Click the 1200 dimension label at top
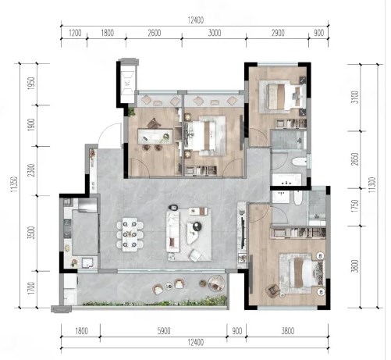pyautogui.click(x=75, y=33)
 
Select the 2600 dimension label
pyautogui.click(x=154, y=33)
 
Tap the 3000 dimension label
pyautogui.click(x=215, y=33)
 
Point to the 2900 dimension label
pyautogui.click(x=278, y=33)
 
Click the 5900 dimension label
pyautogui.click(x=164, y=331)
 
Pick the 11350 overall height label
pyautogui.click(x=14, y=184)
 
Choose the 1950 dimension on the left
pyautogui.click(x=31, y=84)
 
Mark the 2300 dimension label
pyautogui.click(x=31, y=170)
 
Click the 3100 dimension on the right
pyautogui.click(x=354, y=97)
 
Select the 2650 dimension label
pyautogui.click(x=354, y=159)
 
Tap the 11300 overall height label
pyautogui.click(x=372, y=184)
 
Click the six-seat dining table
pyautogui.click(x=130, y=234)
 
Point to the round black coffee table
pyautogui.click(x=197, y=226)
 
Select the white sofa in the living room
pyautogui.click(x=173, y=231)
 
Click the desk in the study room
pyautogui.click(x=155, y=136)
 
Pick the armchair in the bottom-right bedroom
pyautogui.click(x=272, y=290)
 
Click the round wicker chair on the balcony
pyautogui.click(x=216, y=283)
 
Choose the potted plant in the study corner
pyautogui.click(x=131, y=112)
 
